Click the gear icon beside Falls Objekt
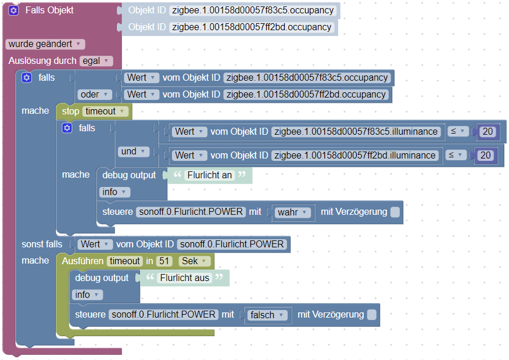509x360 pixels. coord(13,10)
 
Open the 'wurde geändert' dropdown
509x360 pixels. coord(45,44)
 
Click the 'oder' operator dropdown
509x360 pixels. coord(94,94)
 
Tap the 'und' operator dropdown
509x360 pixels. coord(134,152)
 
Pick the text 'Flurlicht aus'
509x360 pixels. coord(184,278)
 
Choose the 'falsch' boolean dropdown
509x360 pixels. coord(267,315)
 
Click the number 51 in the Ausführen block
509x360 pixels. coord(164,261)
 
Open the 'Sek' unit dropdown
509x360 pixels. coord(194,261)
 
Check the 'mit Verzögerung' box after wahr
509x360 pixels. coord(395,213)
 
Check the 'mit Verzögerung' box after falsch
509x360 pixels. coord(372,315)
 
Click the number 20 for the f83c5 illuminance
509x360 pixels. coord(488,132)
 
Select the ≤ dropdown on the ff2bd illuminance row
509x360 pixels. coord(457,155)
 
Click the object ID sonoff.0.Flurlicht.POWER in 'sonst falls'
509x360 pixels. coord(231,244)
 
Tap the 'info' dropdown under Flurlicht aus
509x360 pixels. coord(87,295)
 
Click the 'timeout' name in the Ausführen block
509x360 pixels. coord(124,261)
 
